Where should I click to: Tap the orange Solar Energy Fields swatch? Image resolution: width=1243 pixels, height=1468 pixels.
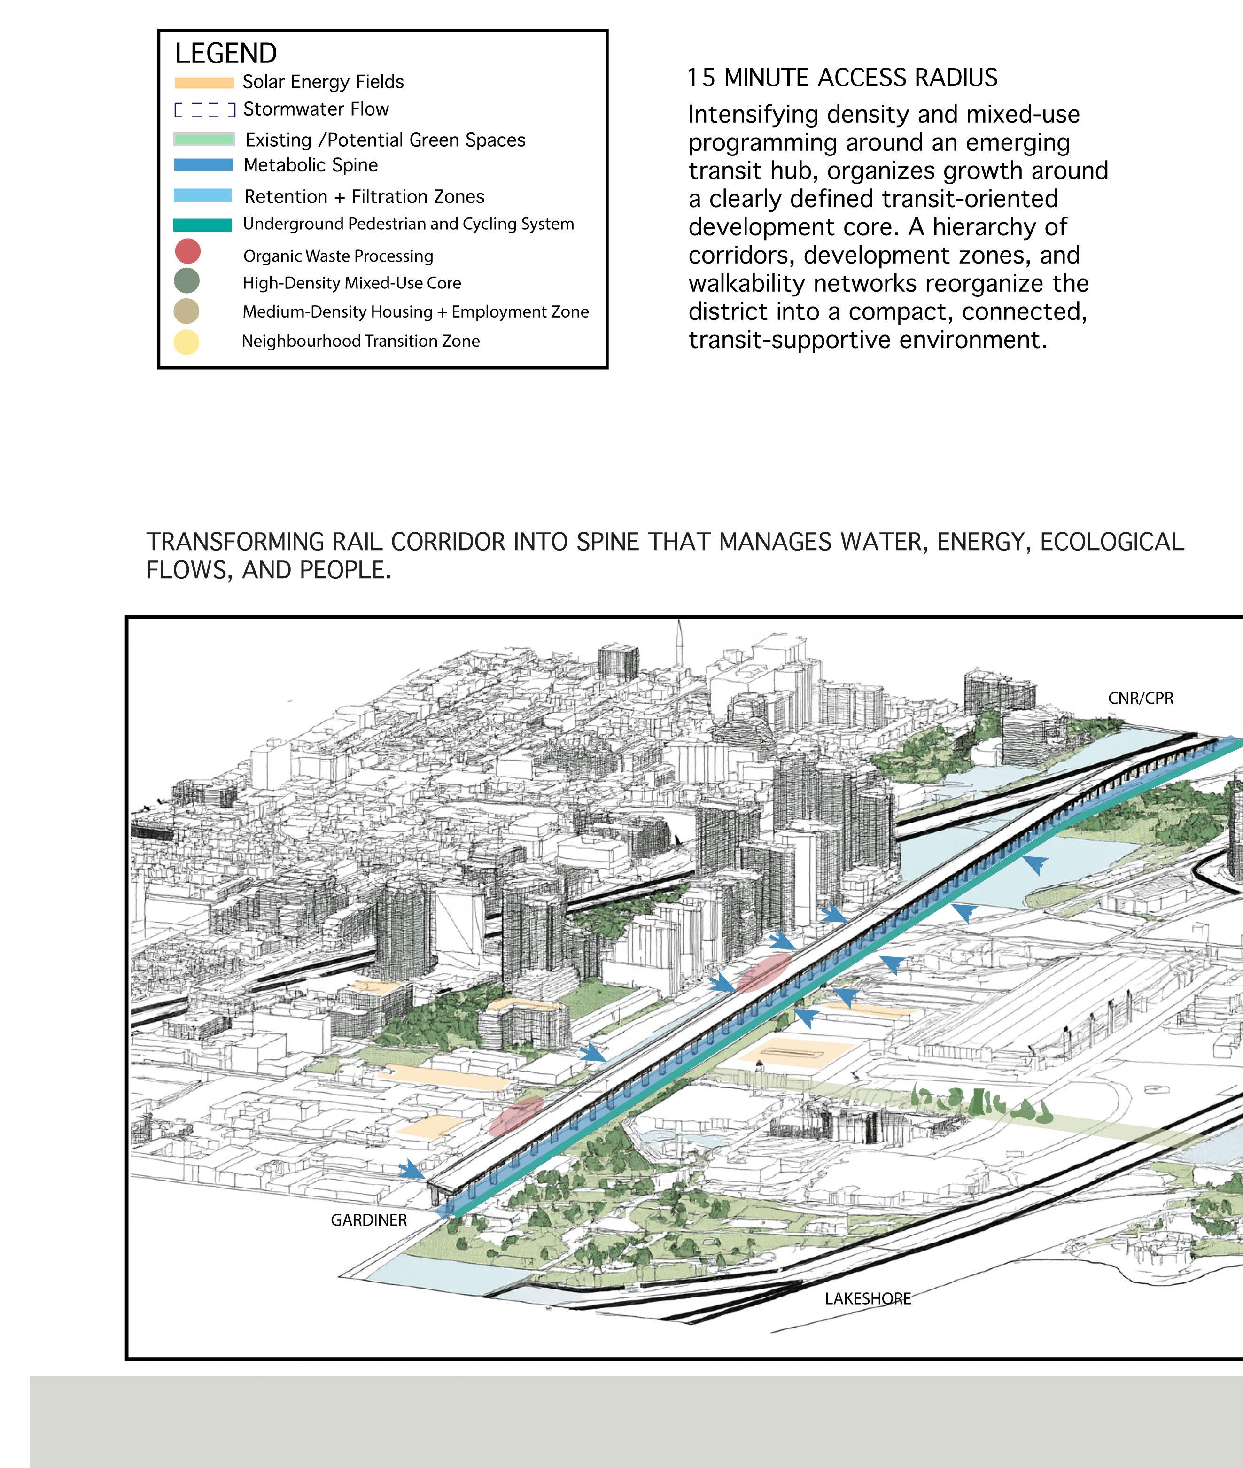coord(204,83)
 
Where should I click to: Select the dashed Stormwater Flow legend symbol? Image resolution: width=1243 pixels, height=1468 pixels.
coord(204,110)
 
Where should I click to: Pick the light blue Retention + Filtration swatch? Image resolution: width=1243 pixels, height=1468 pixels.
coord(203,196)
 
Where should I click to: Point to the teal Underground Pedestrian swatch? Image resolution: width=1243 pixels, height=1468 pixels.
coord(203,225)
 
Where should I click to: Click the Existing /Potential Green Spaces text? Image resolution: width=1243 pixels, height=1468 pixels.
coord(385,140)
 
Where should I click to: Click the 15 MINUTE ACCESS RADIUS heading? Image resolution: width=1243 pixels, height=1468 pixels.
coord(842,78)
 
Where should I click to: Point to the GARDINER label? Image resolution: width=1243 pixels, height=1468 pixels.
coord(368,1220)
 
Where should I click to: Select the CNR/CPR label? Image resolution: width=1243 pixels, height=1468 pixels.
coord(1140,699)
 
